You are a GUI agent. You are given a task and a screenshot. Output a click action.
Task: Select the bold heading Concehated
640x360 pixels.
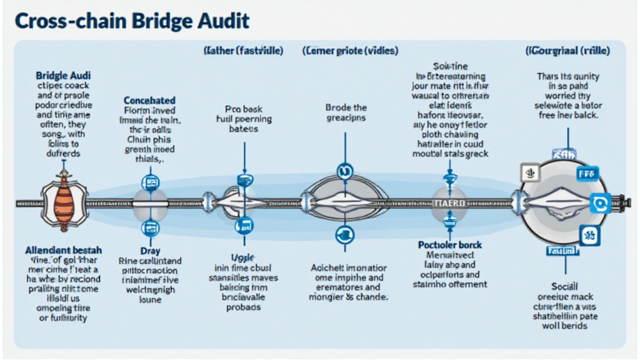[149, 100]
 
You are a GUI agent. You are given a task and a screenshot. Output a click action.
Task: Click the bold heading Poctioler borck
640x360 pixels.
[450, 244]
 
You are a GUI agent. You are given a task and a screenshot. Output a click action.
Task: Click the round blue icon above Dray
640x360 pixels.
[150, 227]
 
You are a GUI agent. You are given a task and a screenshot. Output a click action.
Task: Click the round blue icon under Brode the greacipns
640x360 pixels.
[344, 169]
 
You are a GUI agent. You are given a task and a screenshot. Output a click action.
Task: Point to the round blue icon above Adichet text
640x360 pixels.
[344, 234]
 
